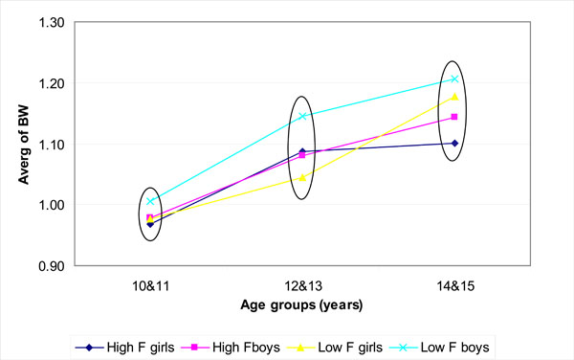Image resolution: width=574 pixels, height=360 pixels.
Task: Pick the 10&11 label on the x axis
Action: [150, 285]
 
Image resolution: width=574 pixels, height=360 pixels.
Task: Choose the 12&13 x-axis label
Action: [302, 285]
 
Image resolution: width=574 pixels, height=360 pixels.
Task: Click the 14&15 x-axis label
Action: [454, 285]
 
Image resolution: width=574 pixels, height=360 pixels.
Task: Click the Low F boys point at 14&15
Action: [454, 79]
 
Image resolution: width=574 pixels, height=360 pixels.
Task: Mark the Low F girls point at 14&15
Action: [454, 97]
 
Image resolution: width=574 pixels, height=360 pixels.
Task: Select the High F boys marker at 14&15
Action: [454, 117]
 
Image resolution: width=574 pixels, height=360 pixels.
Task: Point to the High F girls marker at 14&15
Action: [454, 143]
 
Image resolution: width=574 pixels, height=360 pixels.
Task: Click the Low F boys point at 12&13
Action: [302, 116]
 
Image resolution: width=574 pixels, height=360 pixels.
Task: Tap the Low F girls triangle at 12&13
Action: [302, 177]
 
